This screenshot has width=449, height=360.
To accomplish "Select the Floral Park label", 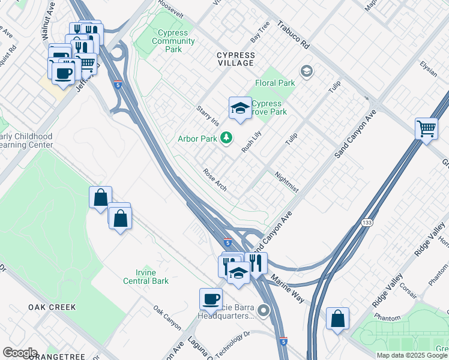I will tap(276, 83).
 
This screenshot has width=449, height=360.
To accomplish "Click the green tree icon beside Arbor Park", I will tap(226, 139).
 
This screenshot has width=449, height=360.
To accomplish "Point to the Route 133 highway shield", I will tap(366, 223).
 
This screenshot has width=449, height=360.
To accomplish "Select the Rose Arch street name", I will tap(215, 179).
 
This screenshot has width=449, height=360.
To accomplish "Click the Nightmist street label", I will tap(286, 182).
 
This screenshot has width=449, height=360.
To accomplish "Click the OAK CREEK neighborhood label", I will tap(52, 307).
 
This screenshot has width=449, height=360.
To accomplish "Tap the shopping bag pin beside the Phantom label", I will tap(337, 319).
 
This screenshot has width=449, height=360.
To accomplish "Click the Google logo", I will tap(19, 353).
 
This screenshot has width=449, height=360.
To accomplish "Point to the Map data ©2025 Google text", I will tap(412, 355).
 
